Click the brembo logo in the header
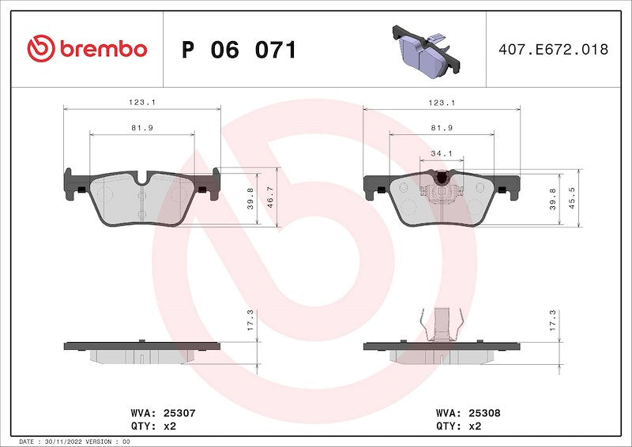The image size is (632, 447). [x=87, y=49]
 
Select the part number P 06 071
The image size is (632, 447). [x=239, y=50]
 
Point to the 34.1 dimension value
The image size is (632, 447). [x=441, y=154]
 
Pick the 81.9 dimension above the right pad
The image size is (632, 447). [x=441, y=128]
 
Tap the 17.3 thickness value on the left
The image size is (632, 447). [x=250, y=320]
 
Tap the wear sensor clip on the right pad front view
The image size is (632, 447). [x=441, y=190]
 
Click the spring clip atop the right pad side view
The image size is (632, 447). [x=441, y=324]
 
